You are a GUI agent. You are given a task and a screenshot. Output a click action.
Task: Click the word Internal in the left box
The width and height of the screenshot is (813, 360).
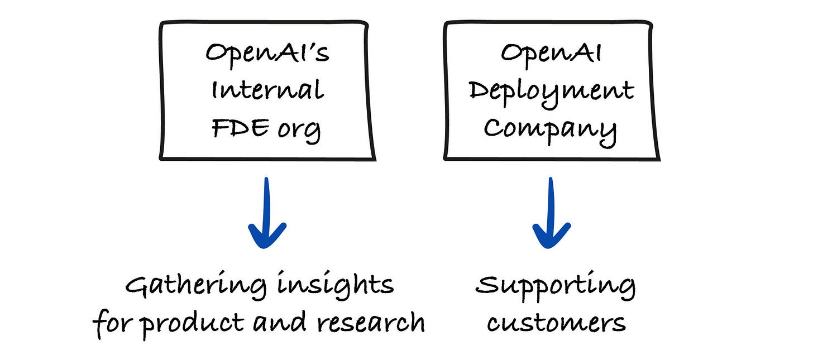pos(267,89)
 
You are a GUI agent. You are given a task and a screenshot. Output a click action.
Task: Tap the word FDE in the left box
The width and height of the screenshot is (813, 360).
pos(240,128)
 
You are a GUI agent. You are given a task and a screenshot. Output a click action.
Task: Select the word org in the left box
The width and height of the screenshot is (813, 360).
pos(299,131)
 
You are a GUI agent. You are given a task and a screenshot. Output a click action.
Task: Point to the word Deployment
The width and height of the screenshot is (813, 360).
pos(551,93)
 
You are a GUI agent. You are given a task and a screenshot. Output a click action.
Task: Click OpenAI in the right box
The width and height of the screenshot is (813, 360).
pos(551,55)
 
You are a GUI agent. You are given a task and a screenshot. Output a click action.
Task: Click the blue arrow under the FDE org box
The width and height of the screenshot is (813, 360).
pos(267,213)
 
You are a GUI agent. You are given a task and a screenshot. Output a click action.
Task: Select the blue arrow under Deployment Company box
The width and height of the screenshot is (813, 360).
pos(551,213)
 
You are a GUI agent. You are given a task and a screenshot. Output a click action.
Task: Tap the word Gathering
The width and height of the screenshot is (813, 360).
pos(196,286)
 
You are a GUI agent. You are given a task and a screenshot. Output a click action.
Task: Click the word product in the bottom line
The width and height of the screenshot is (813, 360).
pos(193,324)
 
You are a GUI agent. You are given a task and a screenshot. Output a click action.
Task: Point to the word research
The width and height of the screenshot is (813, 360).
pos(371,321)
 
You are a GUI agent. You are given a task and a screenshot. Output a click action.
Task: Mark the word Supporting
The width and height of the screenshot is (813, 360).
pos(555,287)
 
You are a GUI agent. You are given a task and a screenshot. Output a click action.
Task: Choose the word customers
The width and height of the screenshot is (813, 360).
pos(556,323)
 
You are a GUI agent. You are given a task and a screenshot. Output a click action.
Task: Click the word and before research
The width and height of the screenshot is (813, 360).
pos(280,321)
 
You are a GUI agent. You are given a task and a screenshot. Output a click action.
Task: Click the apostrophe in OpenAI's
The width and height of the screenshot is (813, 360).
pos(307,48)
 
